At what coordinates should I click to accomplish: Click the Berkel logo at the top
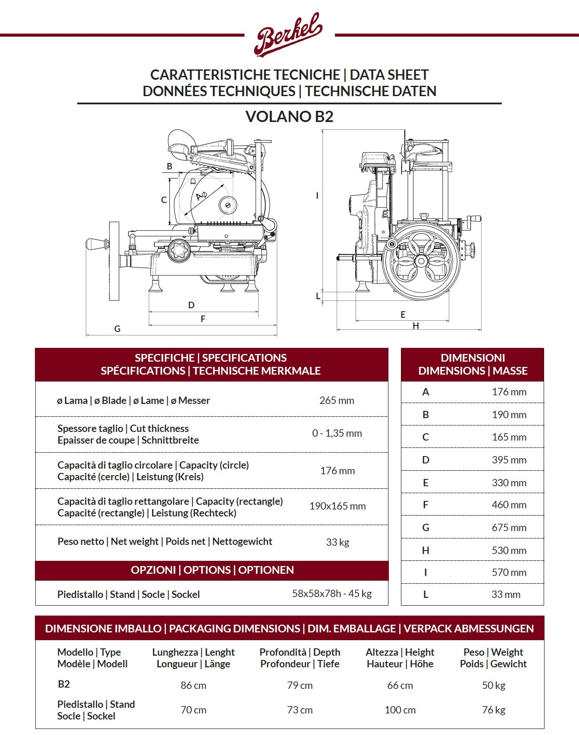pyautogui.click(x=288, y=34)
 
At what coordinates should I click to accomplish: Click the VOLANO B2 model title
pyautogui.click(x=289, y=116)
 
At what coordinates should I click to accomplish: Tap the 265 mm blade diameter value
pyautogui.click(x=337, y=400)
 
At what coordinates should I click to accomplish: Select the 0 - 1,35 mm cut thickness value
pyautogui.click(x=337, y=433)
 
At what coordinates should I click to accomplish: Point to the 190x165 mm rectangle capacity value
pyautogui.click(x=337, y=506)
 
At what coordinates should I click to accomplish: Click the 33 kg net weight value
pyautogui.click(x=337, y=542)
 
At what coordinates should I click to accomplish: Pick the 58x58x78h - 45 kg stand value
pyautogui.click(x=332, y=594)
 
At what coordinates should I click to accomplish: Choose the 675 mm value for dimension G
pyautogui.click(x=509, y=528)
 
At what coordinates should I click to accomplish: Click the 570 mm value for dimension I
pyautogui.click(x=509, y=572)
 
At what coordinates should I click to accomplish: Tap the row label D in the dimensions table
pyautogui.click(x=426, y=460)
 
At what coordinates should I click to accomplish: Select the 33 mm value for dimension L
pyautogui.click(x=506, y=594)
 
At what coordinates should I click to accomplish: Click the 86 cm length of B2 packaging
pyautogui.click(x=193, y=685)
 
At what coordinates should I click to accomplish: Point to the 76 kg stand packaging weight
pyautogui.click(x=493, y=710)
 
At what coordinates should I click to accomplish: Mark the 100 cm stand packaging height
pyautogui.click(x=400, y=710)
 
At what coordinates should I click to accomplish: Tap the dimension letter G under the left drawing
pyautogui.click(x=117, y=328)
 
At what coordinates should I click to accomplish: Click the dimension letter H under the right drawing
pyautogui.click(x=416, y=326)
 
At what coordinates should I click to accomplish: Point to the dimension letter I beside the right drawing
pyautogui.click(x=317, y=195)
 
